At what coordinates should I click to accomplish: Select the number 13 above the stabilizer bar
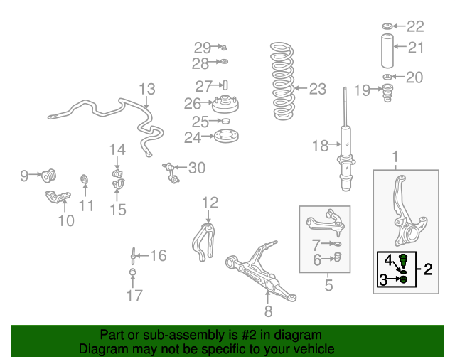(147, 89)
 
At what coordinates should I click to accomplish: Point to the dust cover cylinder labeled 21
(387, 51)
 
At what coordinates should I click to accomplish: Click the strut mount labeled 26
(225, 105)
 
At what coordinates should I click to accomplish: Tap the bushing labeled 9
(48, 176)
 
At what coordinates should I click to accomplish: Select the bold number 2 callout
(428, 269)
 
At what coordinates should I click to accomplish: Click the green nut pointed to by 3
(404, 279)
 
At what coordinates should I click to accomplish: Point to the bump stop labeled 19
(387, 92)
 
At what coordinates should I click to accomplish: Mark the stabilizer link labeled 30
(171, 173)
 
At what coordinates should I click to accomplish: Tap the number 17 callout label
(134, 296)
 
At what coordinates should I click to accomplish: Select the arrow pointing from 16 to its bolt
(142, 256)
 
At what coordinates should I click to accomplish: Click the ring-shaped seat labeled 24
(226, 136)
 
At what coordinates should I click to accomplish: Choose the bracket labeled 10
(58, 197)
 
